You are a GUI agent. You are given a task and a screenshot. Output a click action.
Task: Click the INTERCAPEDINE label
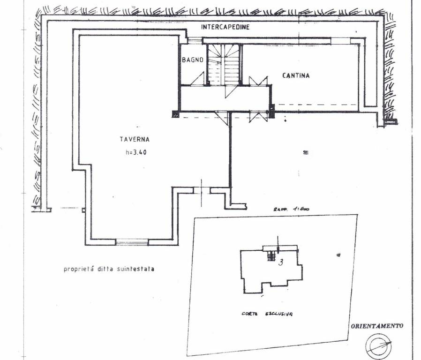(x=225, y=27)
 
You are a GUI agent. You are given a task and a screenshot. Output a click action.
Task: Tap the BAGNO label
(x=193, y=60)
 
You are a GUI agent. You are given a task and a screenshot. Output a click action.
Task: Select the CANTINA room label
(x=296, y=75)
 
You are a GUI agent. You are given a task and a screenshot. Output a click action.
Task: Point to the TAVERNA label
(x=134, y=139)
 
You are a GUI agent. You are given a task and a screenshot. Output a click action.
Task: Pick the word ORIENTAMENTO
(x=377, y=326)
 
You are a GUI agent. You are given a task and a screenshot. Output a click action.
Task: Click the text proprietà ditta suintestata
(x=109, y=270)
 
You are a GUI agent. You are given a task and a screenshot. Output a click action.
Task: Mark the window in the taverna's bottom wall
(x=132, y=242)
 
